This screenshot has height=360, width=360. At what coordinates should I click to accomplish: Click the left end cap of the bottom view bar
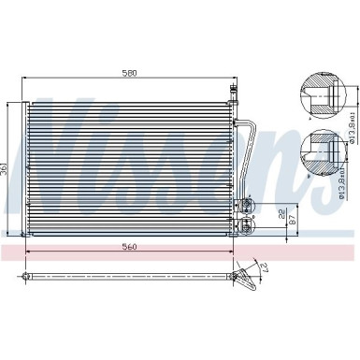click(x=23, y=276)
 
